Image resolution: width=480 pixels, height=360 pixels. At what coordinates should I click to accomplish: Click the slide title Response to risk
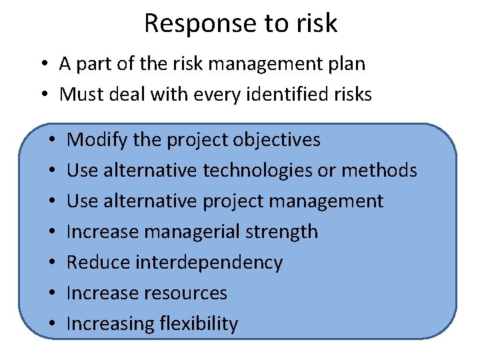coord(241,23)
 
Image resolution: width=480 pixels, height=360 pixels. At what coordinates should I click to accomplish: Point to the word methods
coord(379,171)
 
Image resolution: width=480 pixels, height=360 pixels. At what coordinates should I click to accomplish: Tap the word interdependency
coord(209,263)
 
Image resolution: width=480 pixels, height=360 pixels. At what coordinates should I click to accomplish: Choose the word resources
coord(188,293)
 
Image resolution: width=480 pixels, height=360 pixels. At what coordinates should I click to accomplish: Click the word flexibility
coord(199,324)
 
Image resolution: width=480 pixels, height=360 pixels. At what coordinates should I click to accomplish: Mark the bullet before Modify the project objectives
coord(51,141)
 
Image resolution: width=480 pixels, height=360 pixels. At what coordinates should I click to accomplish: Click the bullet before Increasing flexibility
coord(51,325)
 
